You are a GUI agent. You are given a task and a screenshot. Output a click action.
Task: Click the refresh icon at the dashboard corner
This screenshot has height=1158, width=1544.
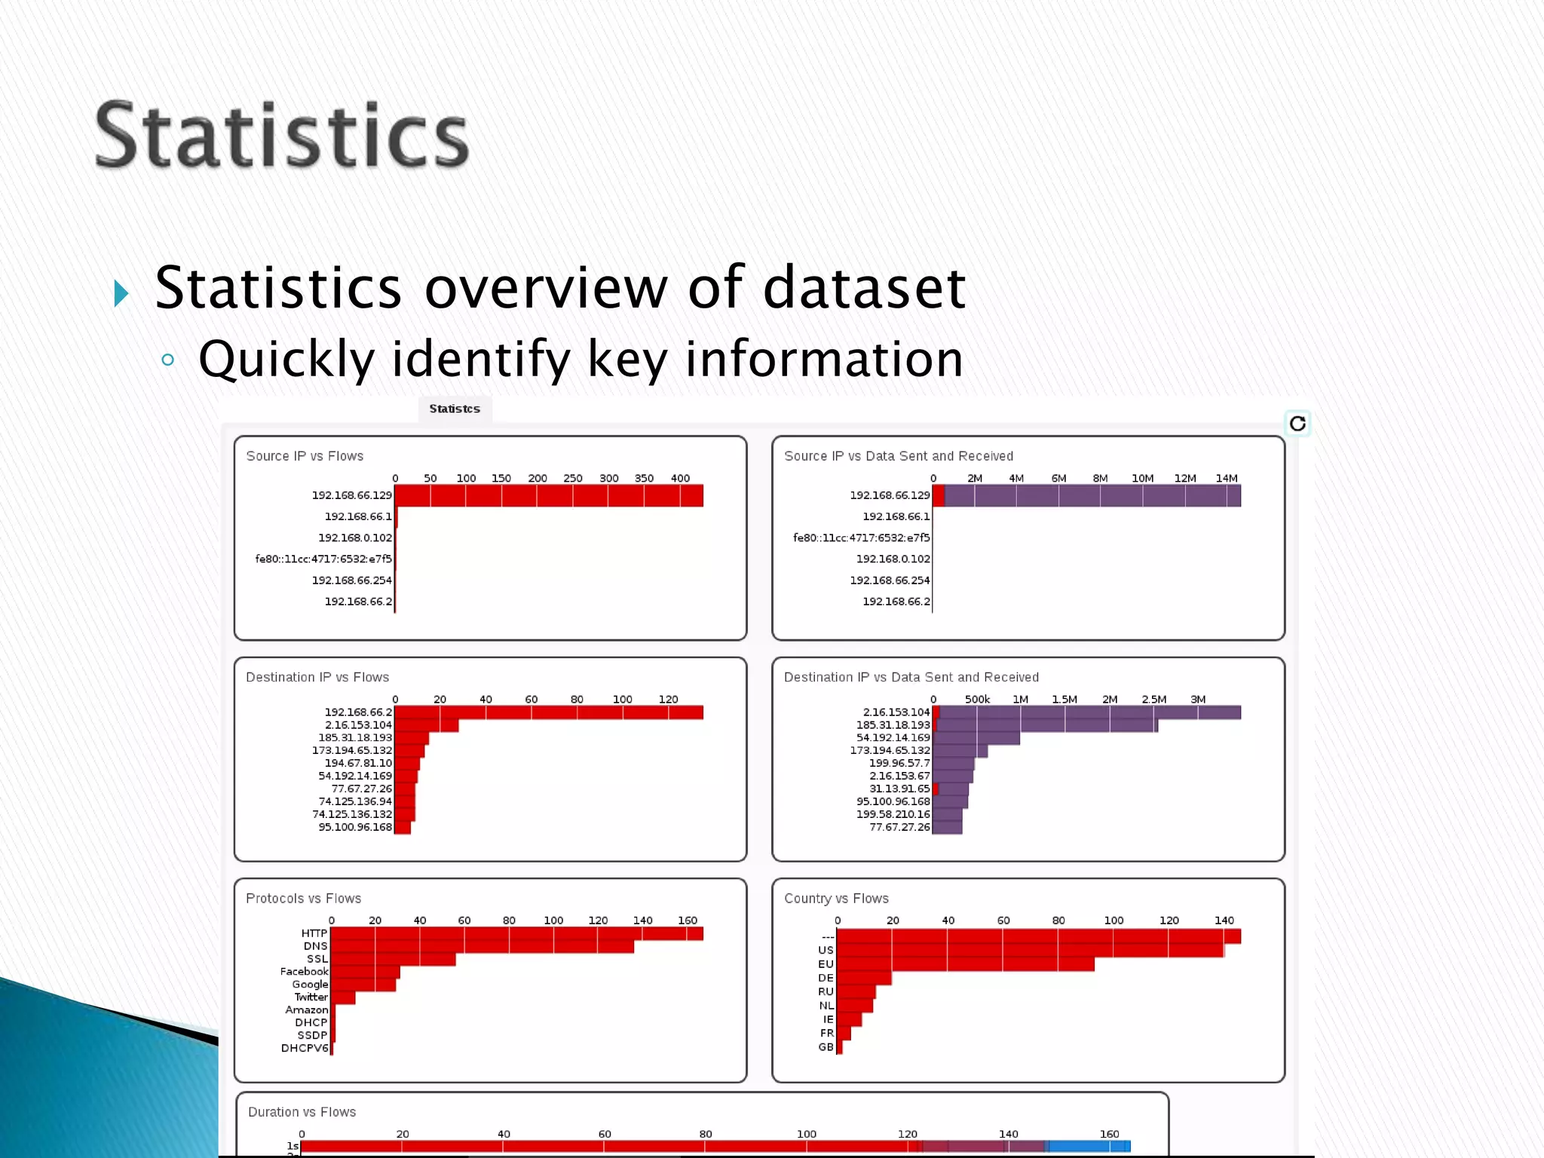tap(1297, 424)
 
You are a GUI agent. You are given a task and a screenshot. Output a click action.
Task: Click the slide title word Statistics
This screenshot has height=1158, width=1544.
tap(282, 136)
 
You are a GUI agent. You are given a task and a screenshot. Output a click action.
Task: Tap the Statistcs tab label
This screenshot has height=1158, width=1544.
tap(455, 409)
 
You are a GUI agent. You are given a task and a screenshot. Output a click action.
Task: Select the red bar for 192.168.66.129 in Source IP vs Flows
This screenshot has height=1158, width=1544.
tap(548, 496)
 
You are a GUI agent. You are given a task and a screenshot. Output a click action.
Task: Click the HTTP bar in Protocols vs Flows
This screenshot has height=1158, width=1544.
tap(516, 933)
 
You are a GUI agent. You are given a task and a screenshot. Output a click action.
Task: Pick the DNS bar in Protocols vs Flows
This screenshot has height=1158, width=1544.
tap(482, 946)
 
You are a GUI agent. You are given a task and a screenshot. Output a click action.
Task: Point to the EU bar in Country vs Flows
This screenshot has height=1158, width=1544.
tap(965, 964)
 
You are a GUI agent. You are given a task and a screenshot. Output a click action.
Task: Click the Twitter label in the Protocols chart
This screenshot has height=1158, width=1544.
tap(311, 997)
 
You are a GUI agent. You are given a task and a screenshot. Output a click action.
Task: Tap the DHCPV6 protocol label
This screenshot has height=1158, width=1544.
tap(305, 1048)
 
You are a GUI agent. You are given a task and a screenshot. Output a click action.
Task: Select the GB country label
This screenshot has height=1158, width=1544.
tap(826, 1047)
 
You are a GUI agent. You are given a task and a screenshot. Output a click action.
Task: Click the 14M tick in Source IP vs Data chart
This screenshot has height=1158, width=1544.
tap(1226, 478)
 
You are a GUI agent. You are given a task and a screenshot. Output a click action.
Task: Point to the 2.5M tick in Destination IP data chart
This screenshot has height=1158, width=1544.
tap(1153, 699)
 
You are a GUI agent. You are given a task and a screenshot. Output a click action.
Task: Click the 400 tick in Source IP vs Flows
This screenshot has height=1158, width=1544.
tap(680, 478)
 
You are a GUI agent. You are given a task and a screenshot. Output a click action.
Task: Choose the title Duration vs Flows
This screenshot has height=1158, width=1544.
tap(302, 1112)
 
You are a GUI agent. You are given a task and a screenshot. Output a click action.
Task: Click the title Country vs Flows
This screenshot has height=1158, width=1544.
tap(836, 899)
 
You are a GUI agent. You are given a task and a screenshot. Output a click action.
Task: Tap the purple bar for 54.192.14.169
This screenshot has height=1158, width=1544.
tap(976, 738)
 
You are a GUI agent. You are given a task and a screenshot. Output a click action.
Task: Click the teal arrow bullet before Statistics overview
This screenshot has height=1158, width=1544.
tap(121, 293)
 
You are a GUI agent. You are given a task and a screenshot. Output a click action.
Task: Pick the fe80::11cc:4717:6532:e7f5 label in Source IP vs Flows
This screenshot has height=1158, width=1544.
tap(323, 559)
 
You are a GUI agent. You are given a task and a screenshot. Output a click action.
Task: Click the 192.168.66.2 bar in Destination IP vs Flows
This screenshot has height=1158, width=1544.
tap(548, 712)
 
